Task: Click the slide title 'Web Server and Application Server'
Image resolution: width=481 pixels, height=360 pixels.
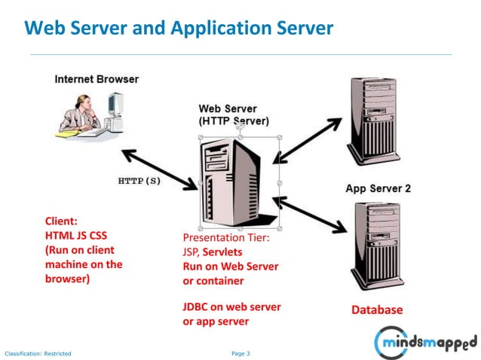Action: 178,29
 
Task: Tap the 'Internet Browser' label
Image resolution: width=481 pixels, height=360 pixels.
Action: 96,79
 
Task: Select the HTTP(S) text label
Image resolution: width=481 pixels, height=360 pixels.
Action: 139,181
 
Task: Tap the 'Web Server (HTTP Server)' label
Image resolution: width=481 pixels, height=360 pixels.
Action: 233,114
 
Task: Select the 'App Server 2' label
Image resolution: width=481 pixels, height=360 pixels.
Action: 378,188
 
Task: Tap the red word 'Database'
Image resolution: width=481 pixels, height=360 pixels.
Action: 377,310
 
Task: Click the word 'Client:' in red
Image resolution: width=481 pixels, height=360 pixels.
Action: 61,221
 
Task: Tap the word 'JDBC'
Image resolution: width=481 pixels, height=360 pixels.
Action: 198,307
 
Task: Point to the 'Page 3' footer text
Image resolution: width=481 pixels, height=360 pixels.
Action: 240,352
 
